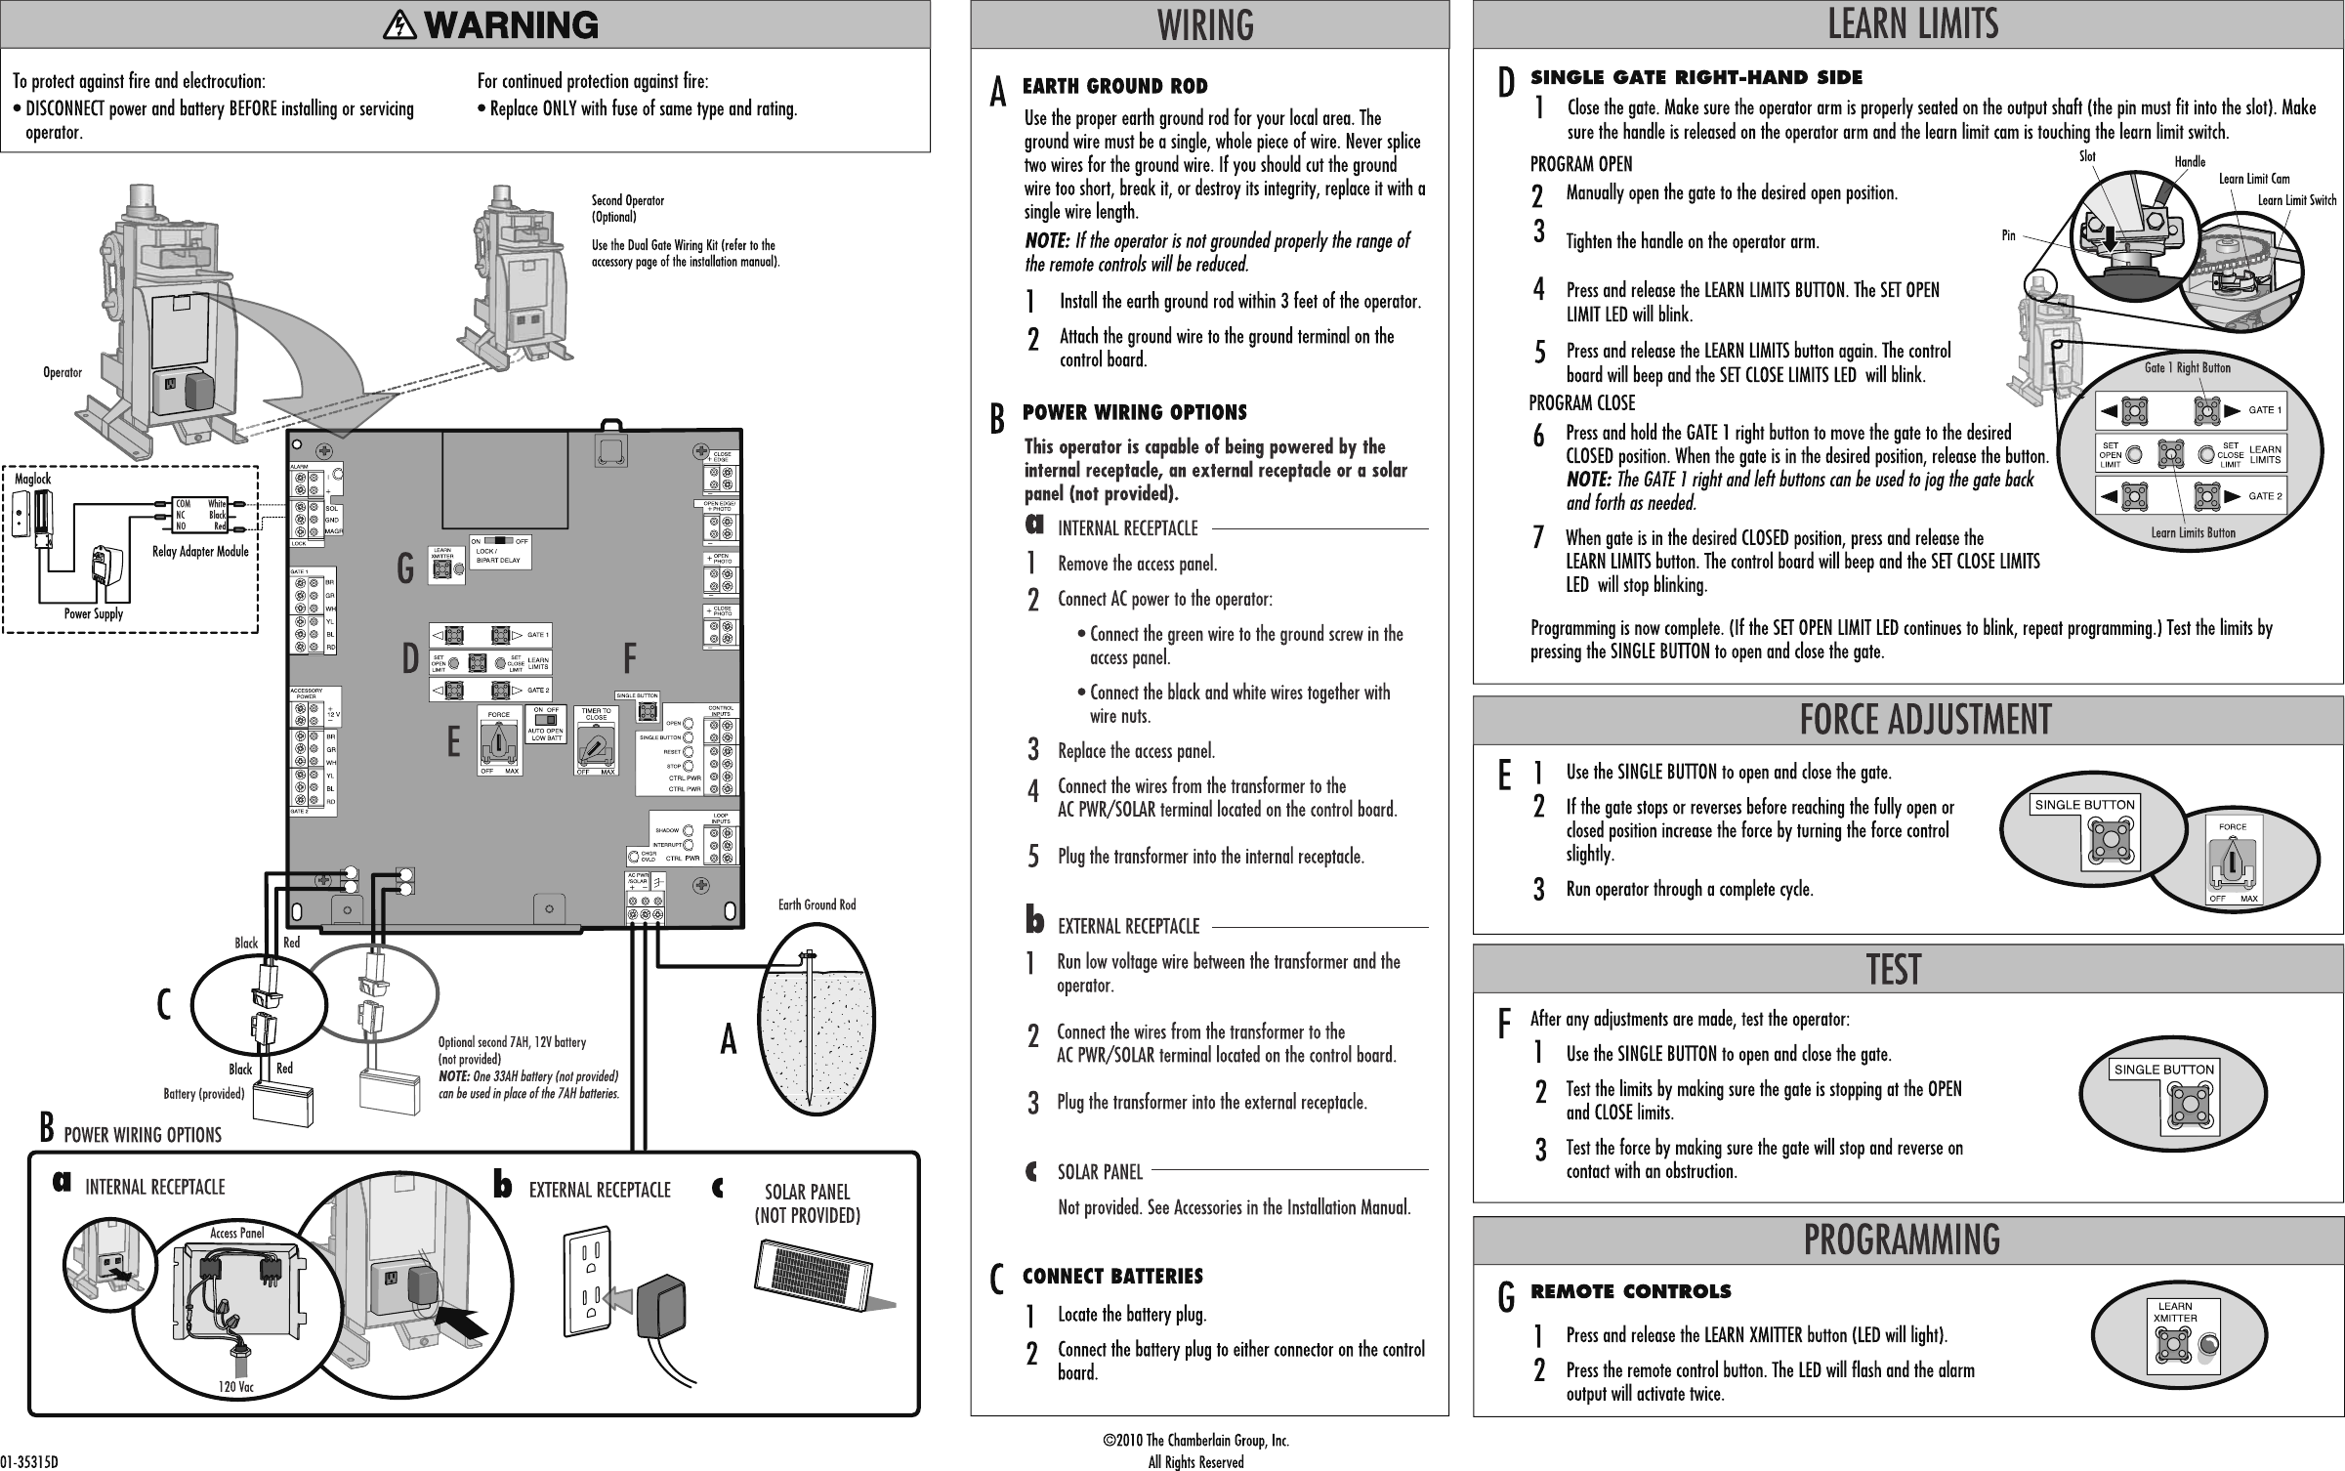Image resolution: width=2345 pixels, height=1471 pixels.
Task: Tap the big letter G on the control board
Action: point(404,569)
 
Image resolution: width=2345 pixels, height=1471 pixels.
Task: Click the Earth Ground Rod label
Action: point(817,904)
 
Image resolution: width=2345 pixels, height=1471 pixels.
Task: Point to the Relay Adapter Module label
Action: point(199,552)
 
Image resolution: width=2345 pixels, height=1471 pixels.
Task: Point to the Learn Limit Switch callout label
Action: point(2296,200)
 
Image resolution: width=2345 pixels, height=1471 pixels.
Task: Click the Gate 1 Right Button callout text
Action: point(2187,367)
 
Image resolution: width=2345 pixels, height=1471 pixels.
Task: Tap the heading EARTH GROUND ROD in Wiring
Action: point(1114,87)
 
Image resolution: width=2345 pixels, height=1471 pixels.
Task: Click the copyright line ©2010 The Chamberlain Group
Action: point(1195,1441)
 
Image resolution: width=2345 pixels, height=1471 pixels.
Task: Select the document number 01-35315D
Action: point(29,1462)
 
